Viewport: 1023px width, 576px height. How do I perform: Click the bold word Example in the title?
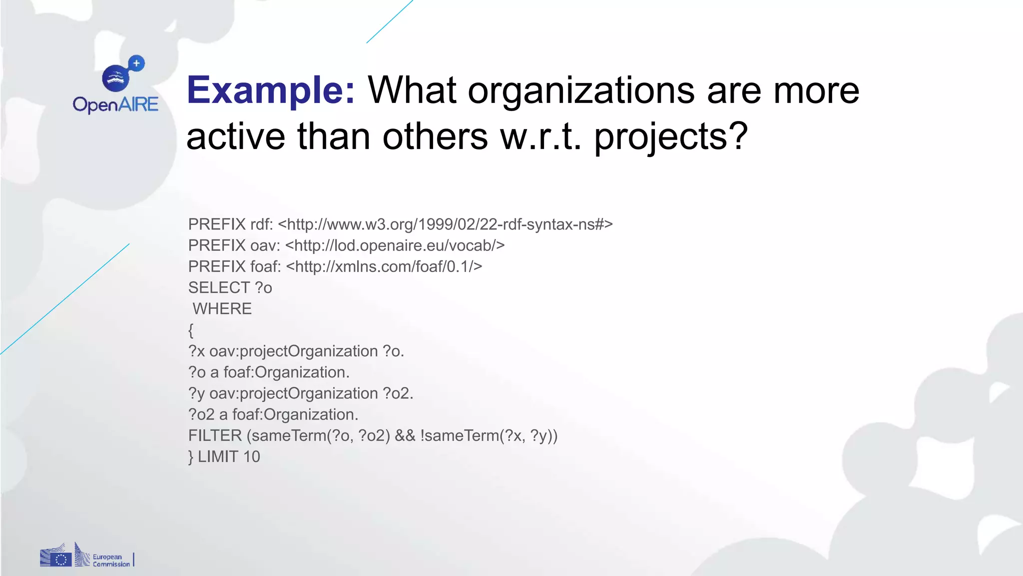(270, 90)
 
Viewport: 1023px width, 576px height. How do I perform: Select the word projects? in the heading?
(671, 136)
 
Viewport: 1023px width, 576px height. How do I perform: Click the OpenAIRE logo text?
(115, 104)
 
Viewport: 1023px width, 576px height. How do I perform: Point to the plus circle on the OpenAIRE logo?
(136, 63)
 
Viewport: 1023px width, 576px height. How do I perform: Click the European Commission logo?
(86, 556)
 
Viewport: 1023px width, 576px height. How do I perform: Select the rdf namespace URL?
(445, 224)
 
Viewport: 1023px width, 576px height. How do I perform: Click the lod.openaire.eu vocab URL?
(395, 245)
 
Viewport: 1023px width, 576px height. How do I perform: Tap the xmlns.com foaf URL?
(384, 266)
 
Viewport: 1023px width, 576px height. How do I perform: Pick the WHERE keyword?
(222, 309)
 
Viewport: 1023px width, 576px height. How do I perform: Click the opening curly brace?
(191, 330)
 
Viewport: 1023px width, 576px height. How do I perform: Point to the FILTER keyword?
(215, 435)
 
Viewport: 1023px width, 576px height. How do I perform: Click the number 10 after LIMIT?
(251, 456)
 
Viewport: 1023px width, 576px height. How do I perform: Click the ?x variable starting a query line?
(196, 351)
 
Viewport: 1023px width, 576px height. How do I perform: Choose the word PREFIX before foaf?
(217, 266)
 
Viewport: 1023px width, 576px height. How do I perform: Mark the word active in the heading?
(236, 136)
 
